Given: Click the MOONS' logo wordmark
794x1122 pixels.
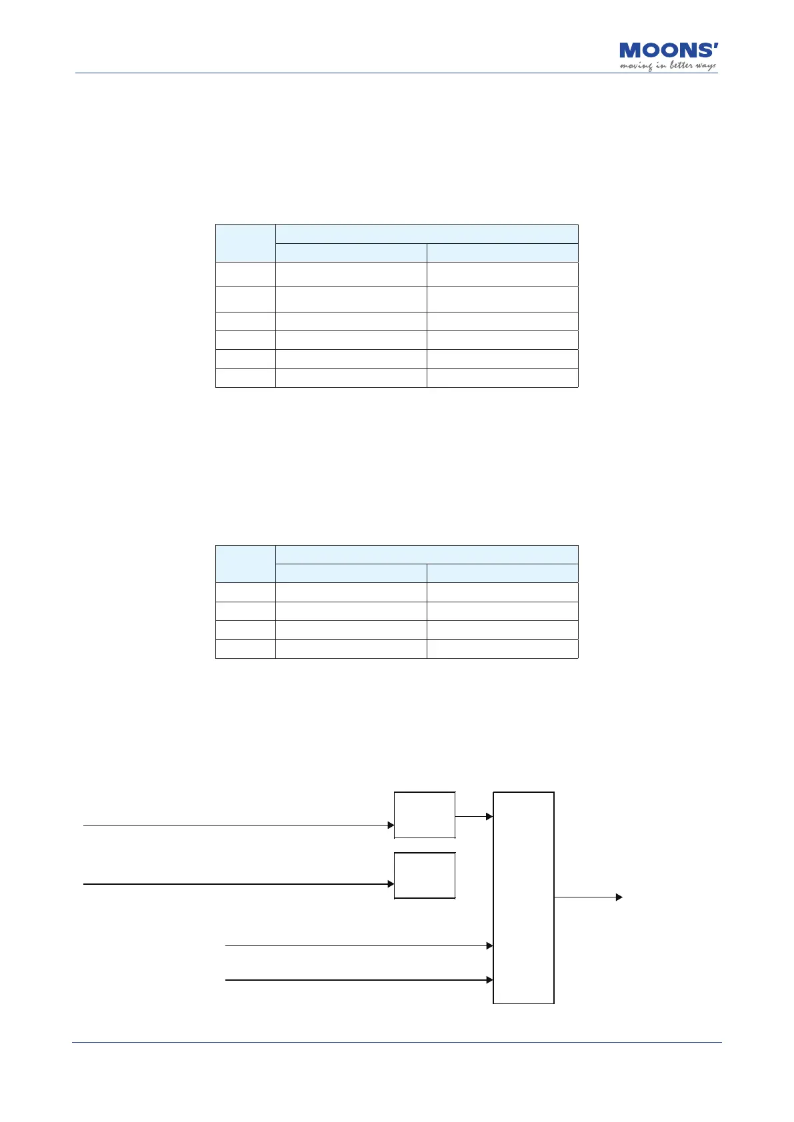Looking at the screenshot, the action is click(x=668, y=51).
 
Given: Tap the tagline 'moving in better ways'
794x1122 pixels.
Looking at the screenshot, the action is click(x=667, y=66).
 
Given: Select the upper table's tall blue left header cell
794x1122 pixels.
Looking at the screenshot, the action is click(x=245, y=243).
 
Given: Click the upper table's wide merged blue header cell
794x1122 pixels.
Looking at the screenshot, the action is click(x=427, y=234).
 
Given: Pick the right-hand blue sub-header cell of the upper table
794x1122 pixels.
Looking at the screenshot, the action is click(x=502, y=253).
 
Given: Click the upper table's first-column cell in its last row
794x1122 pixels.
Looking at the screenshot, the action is click(x=245, y=378).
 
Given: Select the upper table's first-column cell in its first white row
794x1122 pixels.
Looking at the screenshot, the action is click(x=245, y=274).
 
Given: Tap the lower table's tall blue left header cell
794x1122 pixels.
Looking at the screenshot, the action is click(x=245, y=564).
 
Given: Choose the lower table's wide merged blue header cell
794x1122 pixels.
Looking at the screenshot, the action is click(x=427, y=554).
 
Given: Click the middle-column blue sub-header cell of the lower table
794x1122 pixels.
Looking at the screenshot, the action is click(x=351, y=573).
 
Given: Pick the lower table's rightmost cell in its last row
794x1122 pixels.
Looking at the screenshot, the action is click(x=502, y=649).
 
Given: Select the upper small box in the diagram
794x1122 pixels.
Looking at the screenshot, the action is click(x=425, y=815).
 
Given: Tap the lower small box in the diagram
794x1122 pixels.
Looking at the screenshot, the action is click(x=425, y=875).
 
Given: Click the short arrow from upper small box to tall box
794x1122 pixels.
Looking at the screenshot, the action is click(x=474, y=816).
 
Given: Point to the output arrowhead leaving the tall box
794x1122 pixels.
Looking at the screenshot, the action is click(x=619, y=897).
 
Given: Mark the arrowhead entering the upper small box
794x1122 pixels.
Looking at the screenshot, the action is click(x=391, y=825).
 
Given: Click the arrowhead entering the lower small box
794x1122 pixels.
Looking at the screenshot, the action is click(x=391, y=884).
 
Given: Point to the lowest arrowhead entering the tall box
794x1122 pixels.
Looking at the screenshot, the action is click(x=490, y=980).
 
